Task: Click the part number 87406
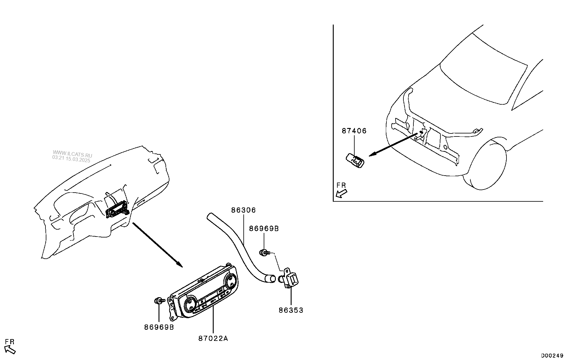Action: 354,131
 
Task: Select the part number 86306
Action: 243,210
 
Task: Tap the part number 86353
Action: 291,310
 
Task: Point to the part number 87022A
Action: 213,338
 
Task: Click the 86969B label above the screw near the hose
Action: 264,229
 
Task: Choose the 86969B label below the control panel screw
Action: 159,328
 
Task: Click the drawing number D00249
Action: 552,355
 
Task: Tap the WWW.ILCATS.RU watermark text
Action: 72,154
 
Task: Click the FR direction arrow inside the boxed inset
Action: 342,193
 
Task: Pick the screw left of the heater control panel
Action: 159,301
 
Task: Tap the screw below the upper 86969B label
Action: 265,252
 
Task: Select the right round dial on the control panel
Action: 230,280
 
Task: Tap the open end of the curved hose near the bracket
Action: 270,278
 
